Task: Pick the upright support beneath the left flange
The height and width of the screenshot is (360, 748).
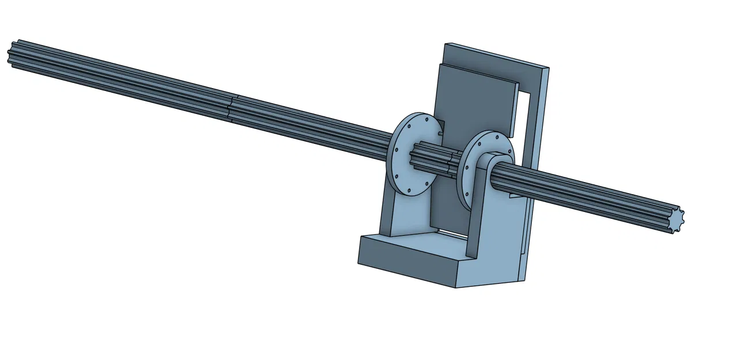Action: tap(403, 216)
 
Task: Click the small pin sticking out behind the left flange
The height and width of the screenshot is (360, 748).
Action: tap(441, 134)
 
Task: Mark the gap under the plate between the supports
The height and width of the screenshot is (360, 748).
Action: tap(449, 232)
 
